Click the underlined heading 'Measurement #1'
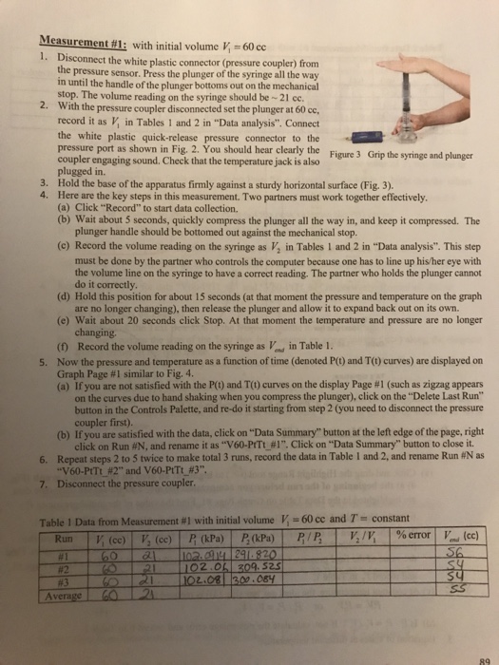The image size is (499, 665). pyautogui.click(x=74, y=42)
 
